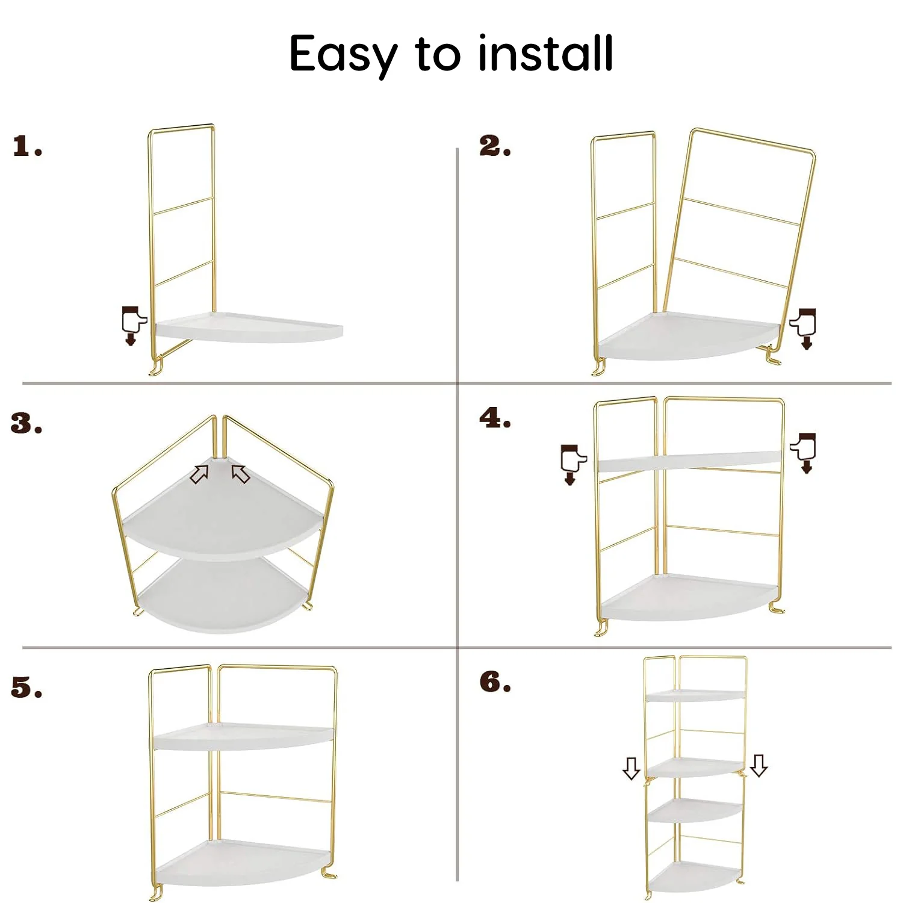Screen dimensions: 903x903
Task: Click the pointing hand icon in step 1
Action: point(133,325)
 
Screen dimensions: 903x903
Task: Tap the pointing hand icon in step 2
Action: point(804,328)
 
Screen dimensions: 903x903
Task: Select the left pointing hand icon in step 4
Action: point(572,464)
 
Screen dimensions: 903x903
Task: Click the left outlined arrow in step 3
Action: point(199,474)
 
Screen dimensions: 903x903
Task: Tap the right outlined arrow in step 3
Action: point(241,474)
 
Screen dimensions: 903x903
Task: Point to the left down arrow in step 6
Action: point(631,768)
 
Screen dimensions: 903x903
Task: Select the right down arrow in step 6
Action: point(759,765)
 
